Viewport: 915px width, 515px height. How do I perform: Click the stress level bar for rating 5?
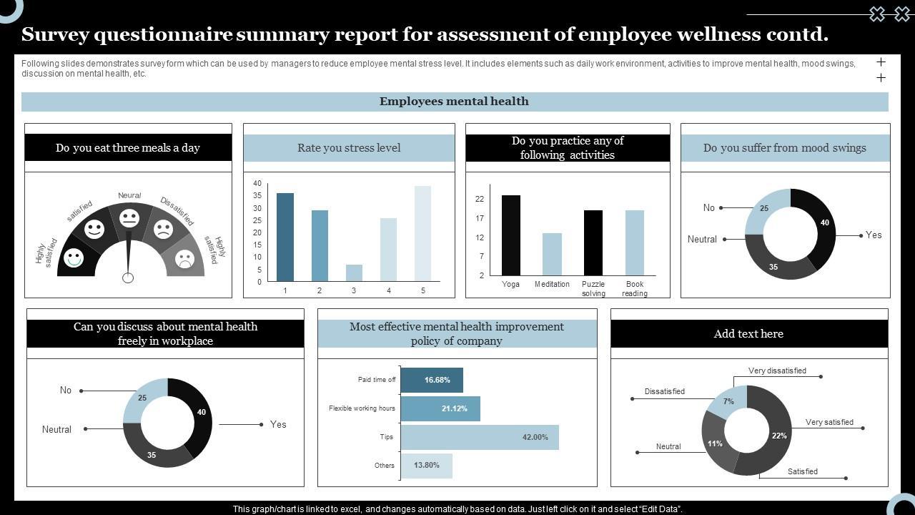[x=422, y=233]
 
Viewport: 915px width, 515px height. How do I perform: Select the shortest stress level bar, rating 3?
[x=354, y=273]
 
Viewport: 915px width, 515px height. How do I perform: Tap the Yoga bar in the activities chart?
[x=511, y=235]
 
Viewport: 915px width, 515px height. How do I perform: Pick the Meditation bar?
[x=552, y=254]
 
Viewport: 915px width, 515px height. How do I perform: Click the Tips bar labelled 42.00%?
[x=479, y=437]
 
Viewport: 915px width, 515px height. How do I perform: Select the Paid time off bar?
[x=432, y=380]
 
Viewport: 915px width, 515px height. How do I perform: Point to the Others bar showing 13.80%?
[x=426, y=466]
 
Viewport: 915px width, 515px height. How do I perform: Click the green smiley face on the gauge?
[x=74, y=257]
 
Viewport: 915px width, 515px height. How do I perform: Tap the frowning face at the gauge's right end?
[x=185, y=259]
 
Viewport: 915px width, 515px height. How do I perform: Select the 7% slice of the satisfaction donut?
[x=728, y=401]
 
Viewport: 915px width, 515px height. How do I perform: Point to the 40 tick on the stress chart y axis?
[x=257, y=184]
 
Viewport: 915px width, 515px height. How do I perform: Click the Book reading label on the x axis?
[x=635, y=288]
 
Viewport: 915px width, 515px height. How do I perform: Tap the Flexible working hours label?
[x=362, y=408]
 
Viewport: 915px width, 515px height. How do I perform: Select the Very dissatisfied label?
[x=777, y=371]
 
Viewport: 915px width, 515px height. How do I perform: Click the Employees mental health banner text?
[x=454, y=102]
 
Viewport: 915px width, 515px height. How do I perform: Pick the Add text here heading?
[x=748, y=334]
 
